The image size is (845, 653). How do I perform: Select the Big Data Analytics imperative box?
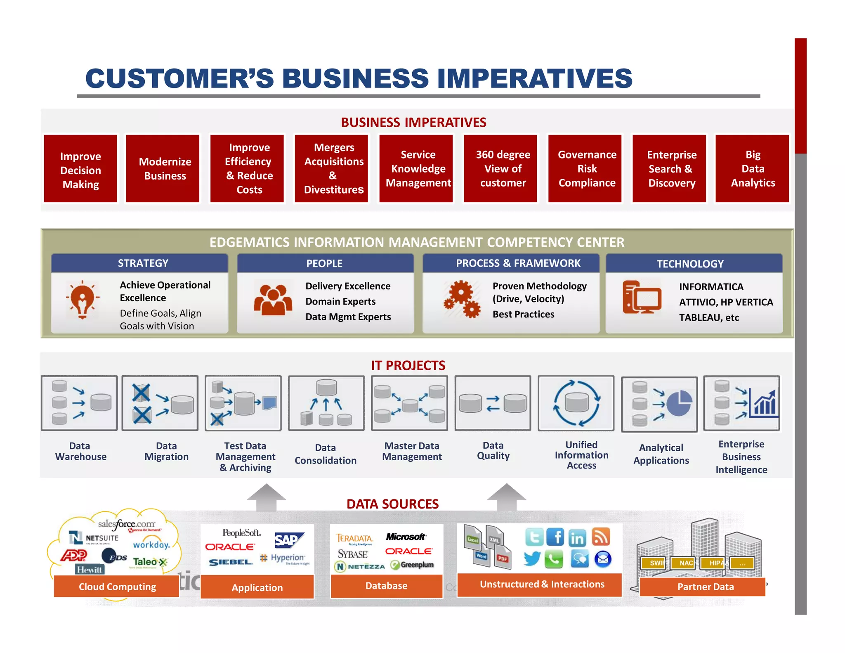[x=752, y=168]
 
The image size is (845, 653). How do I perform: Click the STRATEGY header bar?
[x=139, y=263]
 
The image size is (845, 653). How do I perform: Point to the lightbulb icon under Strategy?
[x=83, y=299]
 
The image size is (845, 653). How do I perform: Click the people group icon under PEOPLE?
[x=273, y=300]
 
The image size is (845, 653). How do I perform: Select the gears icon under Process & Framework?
[x=462, y=299]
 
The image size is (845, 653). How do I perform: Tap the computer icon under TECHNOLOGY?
[x=642, y=297]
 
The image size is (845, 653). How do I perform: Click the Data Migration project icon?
[x=160, y=403]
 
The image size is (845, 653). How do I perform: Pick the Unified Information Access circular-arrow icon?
[x=576, y=403]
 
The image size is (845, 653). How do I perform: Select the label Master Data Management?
[x=411, y=451]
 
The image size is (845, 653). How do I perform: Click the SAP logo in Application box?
[x=288, y=539]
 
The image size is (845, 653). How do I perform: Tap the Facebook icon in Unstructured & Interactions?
[x=555, y=537]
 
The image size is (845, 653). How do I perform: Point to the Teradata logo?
[x=354, y=538]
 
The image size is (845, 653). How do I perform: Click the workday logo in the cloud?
[x=151, y=545]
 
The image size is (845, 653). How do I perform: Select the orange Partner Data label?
[x=705, y=587]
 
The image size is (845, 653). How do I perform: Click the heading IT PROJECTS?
[x=408, y=365]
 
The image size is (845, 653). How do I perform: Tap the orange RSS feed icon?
[x=601, y=537]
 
